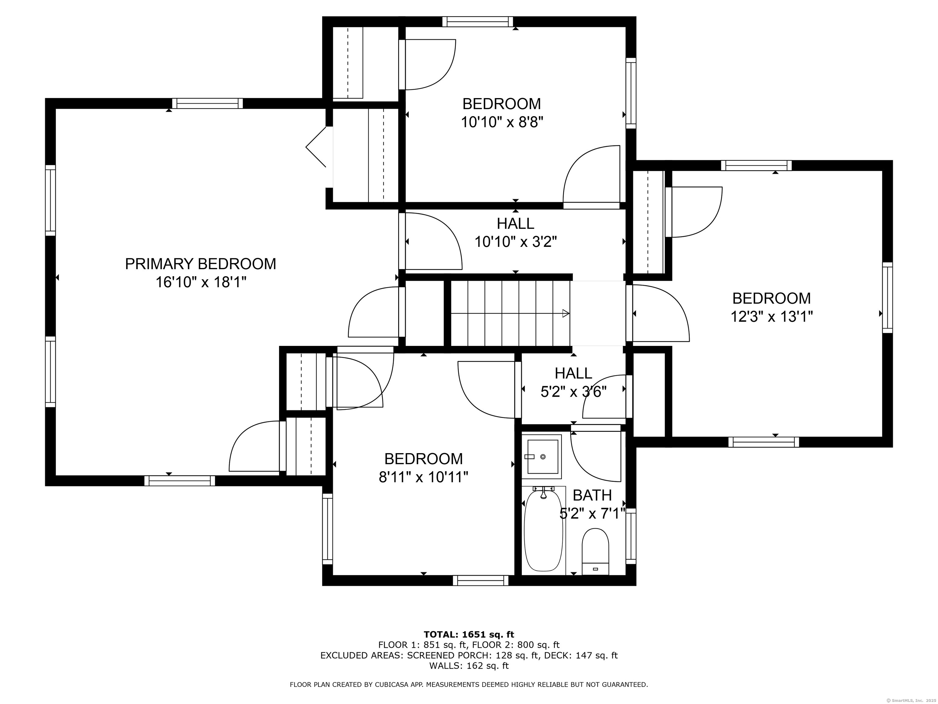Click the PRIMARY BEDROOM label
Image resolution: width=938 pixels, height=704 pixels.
pyautogui.click(x=200, y=264)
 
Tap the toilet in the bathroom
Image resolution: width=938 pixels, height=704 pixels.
pyautogui.click(x=595, y=552)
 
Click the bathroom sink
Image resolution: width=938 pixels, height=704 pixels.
pyautogui.click(x=542, y=457)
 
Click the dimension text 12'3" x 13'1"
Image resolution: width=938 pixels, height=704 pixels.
pyautogui.click(x=771, y=317)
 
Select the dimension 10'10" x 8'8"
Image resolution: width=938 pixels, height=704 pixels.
pyautogui.click(x=502, y=122)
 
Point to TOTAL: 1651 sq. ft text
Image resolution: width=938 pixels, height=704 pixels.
pyautogui.click(x=469, y=634)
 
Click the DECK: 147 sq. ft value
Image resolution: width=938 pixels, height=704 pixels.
pyautogui.click(x=596, y=655)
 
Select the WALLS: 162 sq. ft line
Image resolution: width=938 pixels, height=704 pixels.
pyautogui.click(x=469, y=666)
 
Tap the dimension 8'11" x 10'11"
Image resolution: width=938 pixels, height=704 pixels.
pyautogui.click(x=423, y=477)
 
